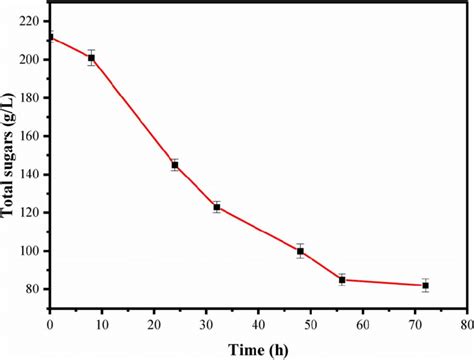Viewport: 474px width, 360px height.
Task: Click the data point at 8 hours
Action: (92, 58)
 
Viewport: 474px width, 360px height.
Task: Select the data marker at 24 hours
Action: (175, 165)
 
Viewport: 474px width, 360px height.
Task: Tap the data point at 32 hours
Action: (217, 207)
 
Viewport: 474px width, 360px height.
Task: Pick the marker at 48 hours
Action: (300, 251)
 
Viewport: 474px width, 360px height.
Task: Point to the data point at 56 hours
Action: (342, 280)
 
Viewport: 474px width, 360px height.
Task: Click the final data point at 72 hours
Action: (425, 286)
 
